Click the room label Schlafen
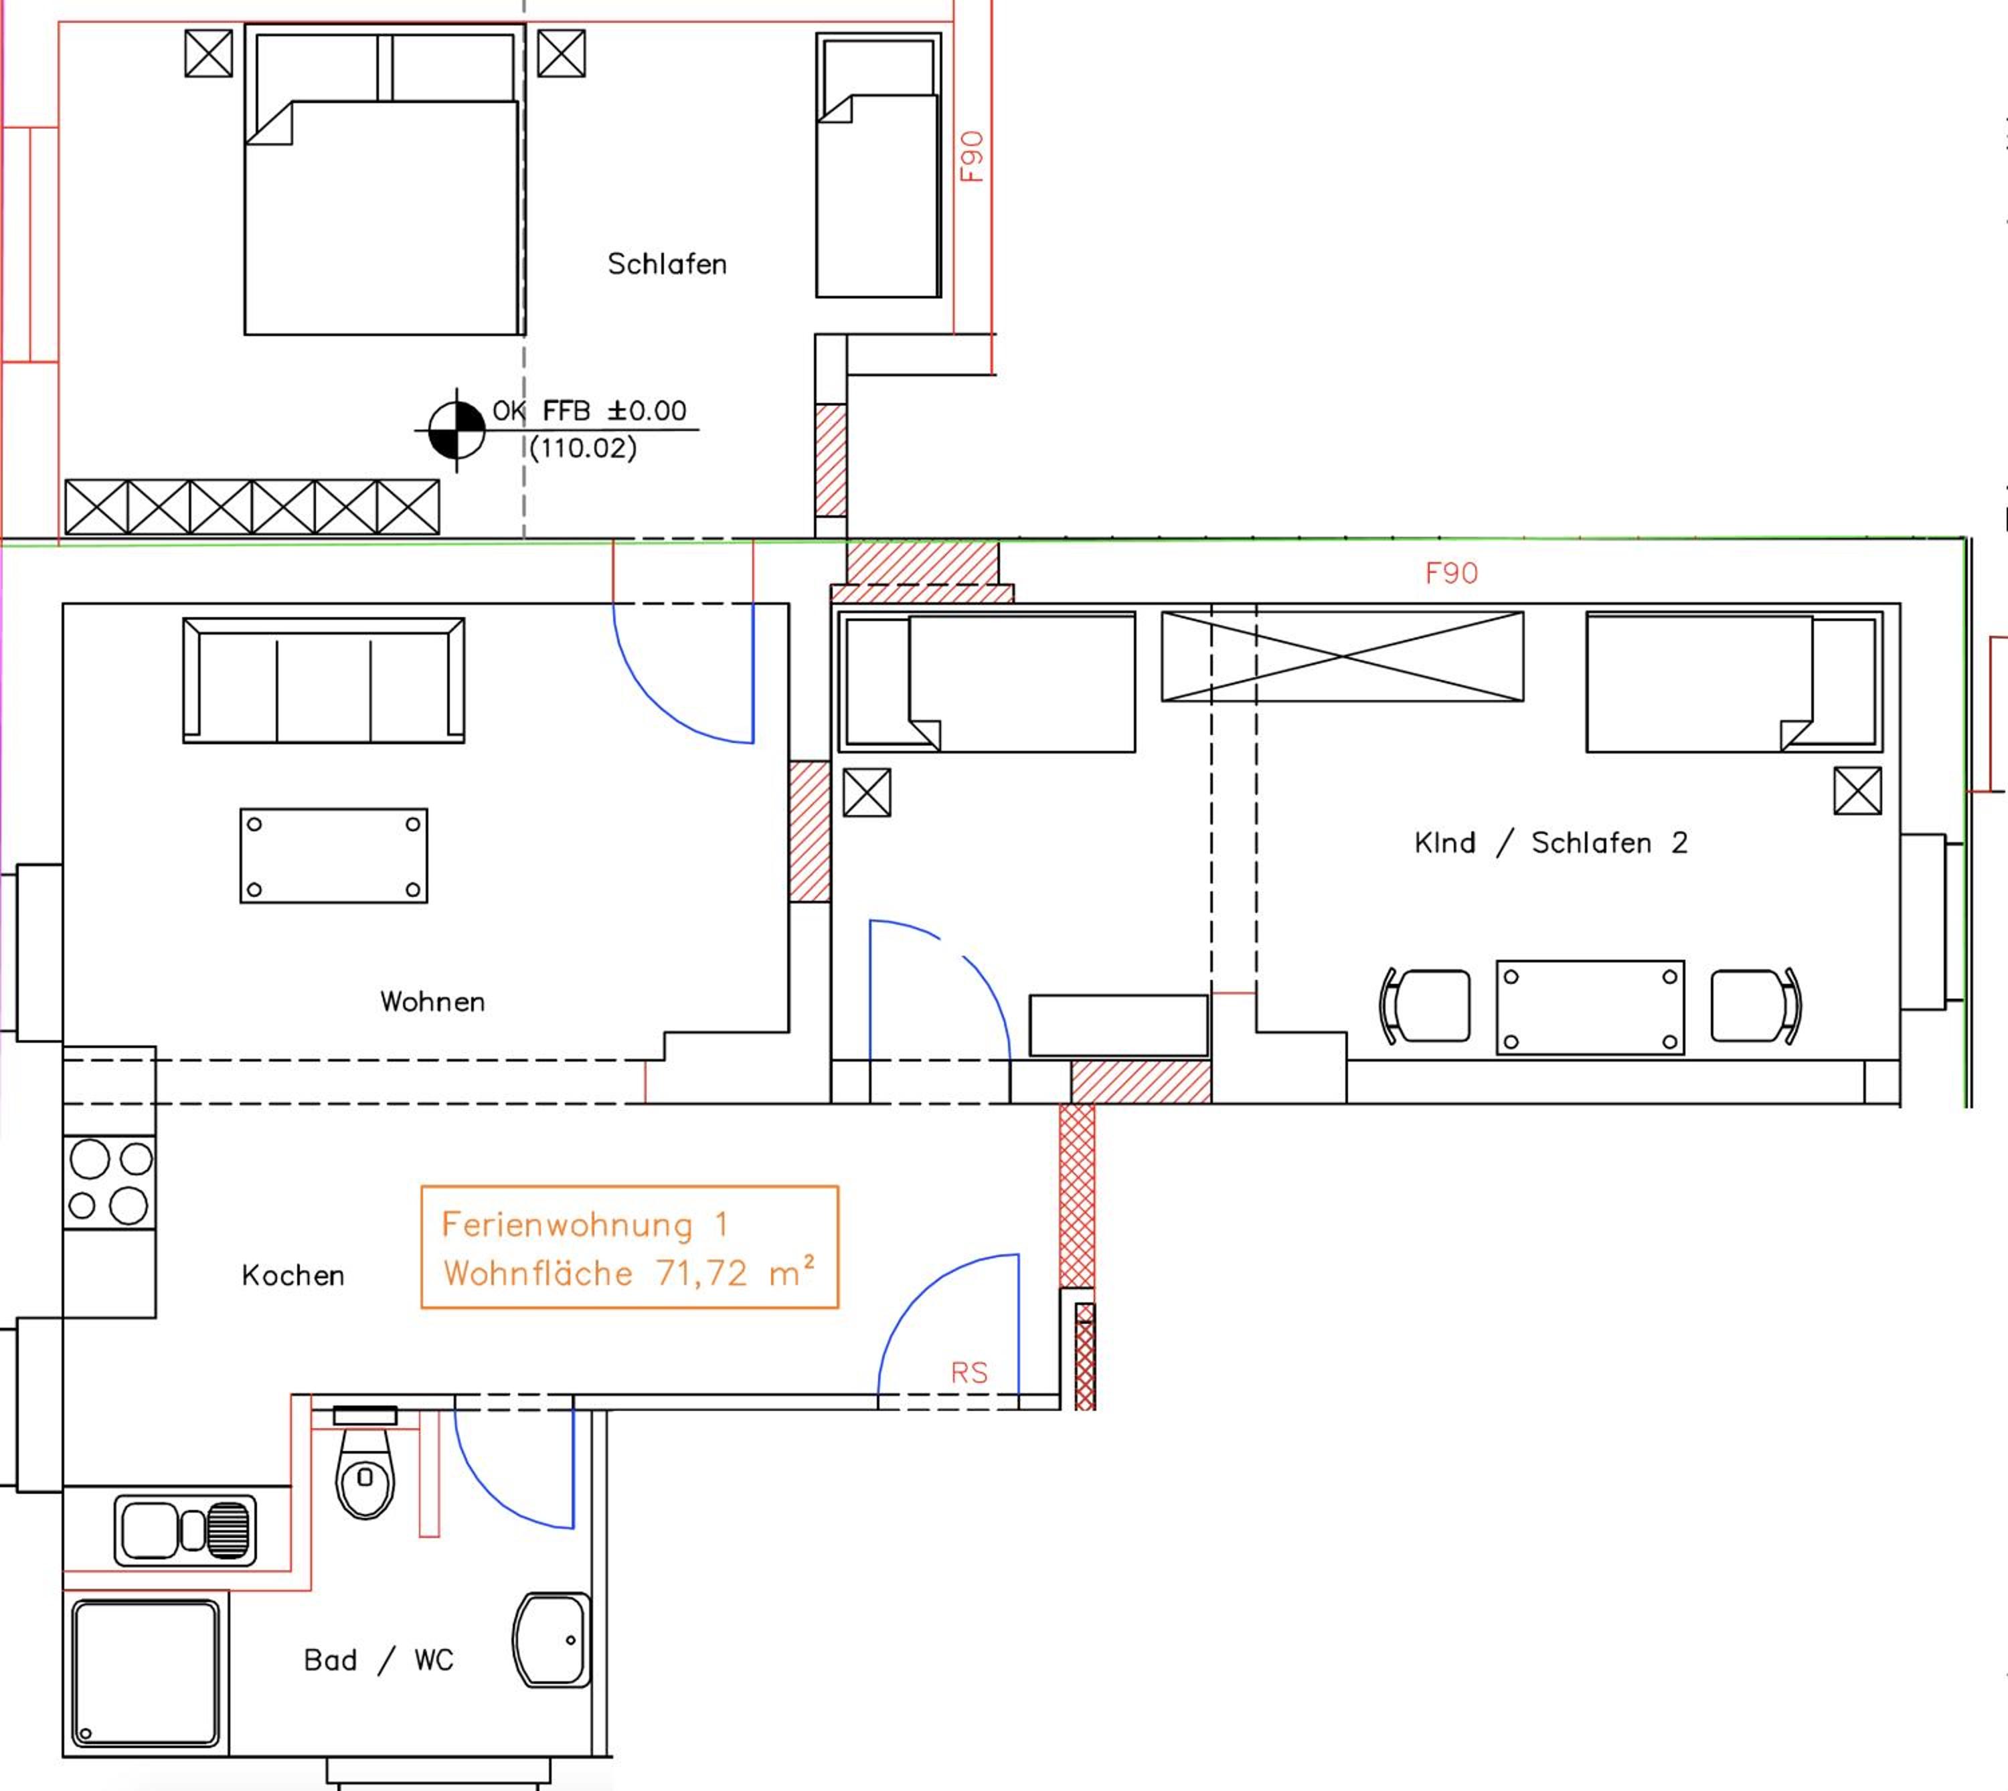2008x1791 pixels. (667, 264)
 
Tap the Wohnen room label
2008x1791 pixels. (432, 1002)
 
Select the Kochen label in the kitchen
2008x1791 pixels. (292, 1276)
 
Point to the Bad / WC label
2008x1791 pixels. (378, 1660)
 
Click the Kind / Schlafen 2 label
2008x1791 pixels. (1550, 843)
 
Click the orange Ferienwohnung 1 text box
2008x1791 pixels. (630, 1247)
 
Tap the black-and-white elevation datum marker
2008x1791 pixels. (456, 430)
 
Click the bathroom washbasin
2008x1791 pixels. (552, 1640)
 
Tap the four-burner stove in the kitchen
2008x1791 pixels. (109, 1183)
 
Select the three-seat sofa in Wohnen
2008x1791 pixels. (324, 680)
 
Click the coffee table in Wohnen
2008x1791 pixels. (334, 855)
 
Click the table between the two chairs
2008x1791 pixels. (1590, 1008)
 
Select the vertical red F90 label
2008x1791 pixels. (971, 157)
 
